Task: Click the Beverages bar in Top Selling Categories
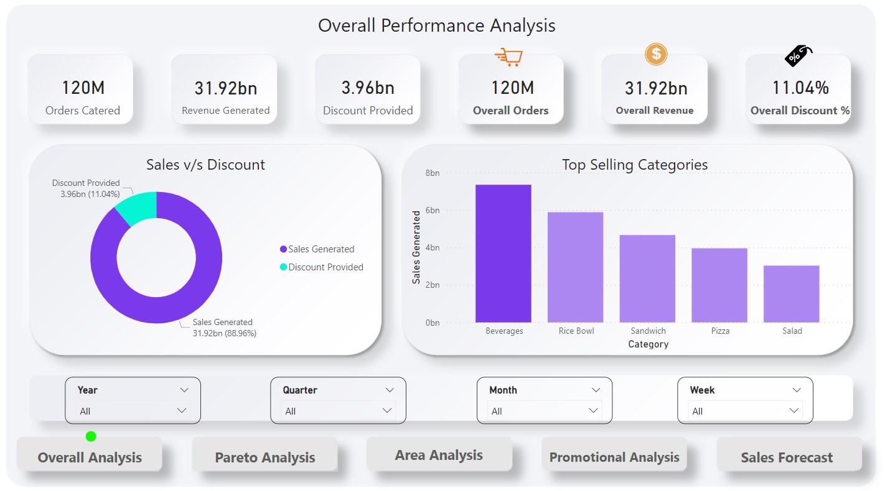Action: point(503,254)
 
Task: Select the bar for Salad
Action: point(791,294)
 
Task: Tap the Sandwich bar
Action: point(647,278)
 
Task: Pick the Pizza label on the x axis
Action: point(720,331)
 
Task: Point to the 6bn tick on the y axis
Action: point(432,211)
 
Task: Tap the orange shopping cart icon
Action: point(508,57)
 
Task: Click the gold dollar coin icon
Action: point(656,54)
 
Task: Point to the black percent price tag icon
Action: point(798,55)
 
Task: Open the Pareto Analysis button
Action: point(265,457)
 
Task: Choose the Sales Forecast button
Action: point(787,457)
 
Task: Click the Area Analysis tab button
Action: point(439,455)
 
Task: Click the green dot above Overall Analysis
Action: point(91,436)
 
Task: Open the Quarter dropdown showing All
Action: point(339,411)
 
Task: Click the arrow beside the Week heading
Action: point(797,390)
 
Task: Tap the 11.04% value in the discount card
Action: point(800,88)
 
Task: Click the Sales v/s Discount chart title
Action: point(205,165)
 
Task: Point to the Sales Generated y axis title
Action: point(416,247)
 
